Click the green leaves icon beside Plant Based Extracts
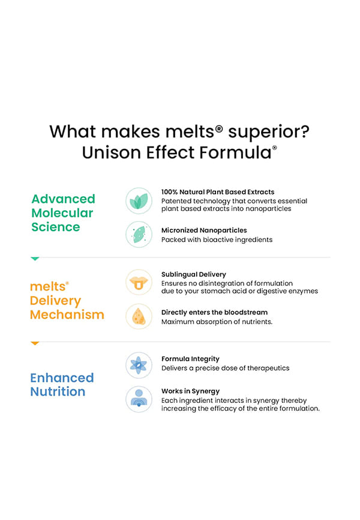point(139,201)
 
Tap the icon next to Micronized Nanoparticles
point(139,234)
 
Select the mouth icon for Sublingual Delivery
point(139,282)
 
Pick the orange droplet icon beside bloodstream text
point(139,316)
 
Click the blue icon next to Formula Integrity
point(139,364)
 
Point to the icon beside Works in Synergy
point(139,399)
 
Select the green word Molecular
point(62,213)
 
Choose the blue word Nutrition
point(58,392)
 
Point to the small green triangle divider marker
point(35,258)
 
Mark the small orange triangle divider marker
point(35,343)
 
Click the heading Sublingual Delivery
point(194,274)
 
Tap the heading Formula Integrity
point(190,359)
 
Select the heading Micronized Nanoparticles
point(204,230)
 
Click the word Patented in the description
point(176,201)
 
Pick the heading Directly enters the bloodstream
point(214,312)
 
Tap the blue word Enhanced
point(62,378)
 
